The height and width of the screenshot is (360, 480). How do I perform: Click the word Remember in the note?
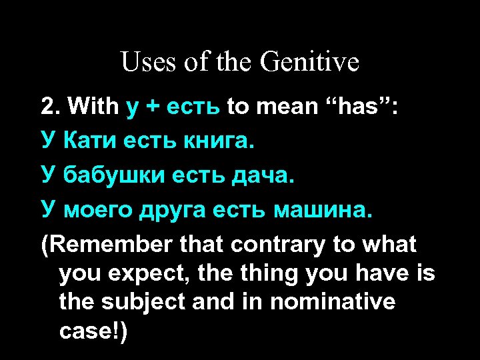[111, 245]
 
